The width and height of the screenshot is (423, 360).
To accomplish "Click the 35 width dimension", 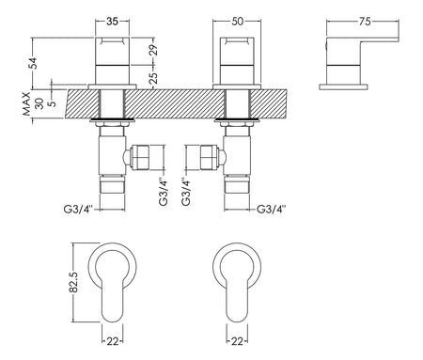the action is (x=112, y=22).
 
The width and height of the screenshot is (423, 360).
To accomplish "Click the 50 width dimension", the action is (x=237, y=22).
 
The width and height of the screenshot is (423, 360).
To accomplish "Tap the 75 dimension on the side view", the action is (x=365, y=22).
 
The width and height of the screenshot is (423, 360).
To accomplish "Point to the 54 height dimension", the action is (x=33, y=63).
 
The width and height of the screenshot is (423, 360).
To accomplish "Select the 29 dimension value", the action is (x=153, y=50).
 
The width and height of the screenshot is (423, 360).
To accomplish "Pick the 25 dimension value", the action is (x=153, y=78).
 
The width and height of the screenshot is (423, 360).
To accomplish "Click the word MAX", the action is (x=27, y=103).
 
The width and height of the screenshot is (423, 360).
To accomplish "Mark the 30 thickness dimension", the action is (x=39, y=103).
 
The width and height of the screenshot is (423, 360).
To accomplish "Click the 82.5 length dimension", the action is (x=73, y=282).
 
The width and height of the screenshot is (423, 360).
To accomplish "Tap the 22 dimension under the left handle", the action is (x=113, y=341).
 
